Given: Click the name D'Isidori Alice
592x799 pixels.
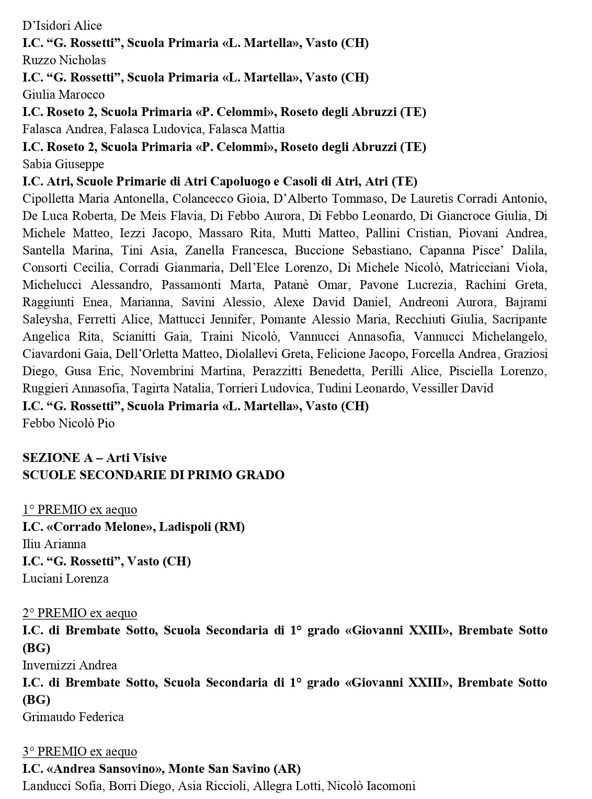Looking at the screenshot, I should [x=62, y=26].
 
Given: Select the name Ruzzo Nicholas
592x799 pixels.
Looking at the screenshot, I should [x=64, y=60].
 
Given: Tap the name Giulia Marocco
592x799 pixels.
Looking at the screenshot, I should [x=64, y=95].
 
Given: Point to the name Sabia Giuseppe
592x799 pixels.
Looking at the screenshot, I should [x=63, y=164].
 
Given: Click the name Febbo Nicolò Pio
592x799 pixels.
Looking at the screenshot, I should [x=69, y=423].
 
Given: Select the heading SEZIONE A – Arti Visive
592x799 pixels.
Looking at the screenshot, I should [x=95, y=458].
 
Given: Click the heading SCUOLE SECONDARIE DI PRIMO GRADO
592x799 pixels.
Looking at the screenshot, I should [x=153, y=475].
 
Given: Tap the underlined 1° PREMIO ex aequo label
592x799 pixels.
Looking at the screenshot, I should [x=79, y=509].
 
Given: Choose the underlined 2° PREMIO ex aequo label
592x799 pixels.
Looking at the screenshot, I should [x=79, y=613].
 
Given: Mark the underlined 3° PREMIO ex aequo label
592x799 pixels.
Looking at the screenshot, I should [x=79, y=751].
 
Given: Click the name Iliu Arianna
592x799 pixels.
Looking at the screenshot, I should [x=54, y=544].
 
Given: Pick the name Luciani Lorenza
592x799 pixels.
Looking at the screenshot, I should [x=66, y=578].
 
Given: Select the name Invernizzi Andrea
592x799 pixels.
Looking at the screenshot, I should [x=70, y=665].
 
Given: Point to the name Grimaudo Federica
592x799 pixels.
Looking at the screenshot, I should [x=73, y=716].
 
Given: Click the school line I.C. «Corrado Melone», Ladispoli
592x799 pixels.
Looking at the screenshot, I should [x=134, y=527].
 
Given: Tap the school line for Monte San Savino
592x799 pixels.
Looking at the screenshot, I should [x=162, y=769].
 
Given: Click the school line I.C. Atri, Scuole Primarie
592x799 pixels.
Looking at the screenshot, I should [x=220, y=181].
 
